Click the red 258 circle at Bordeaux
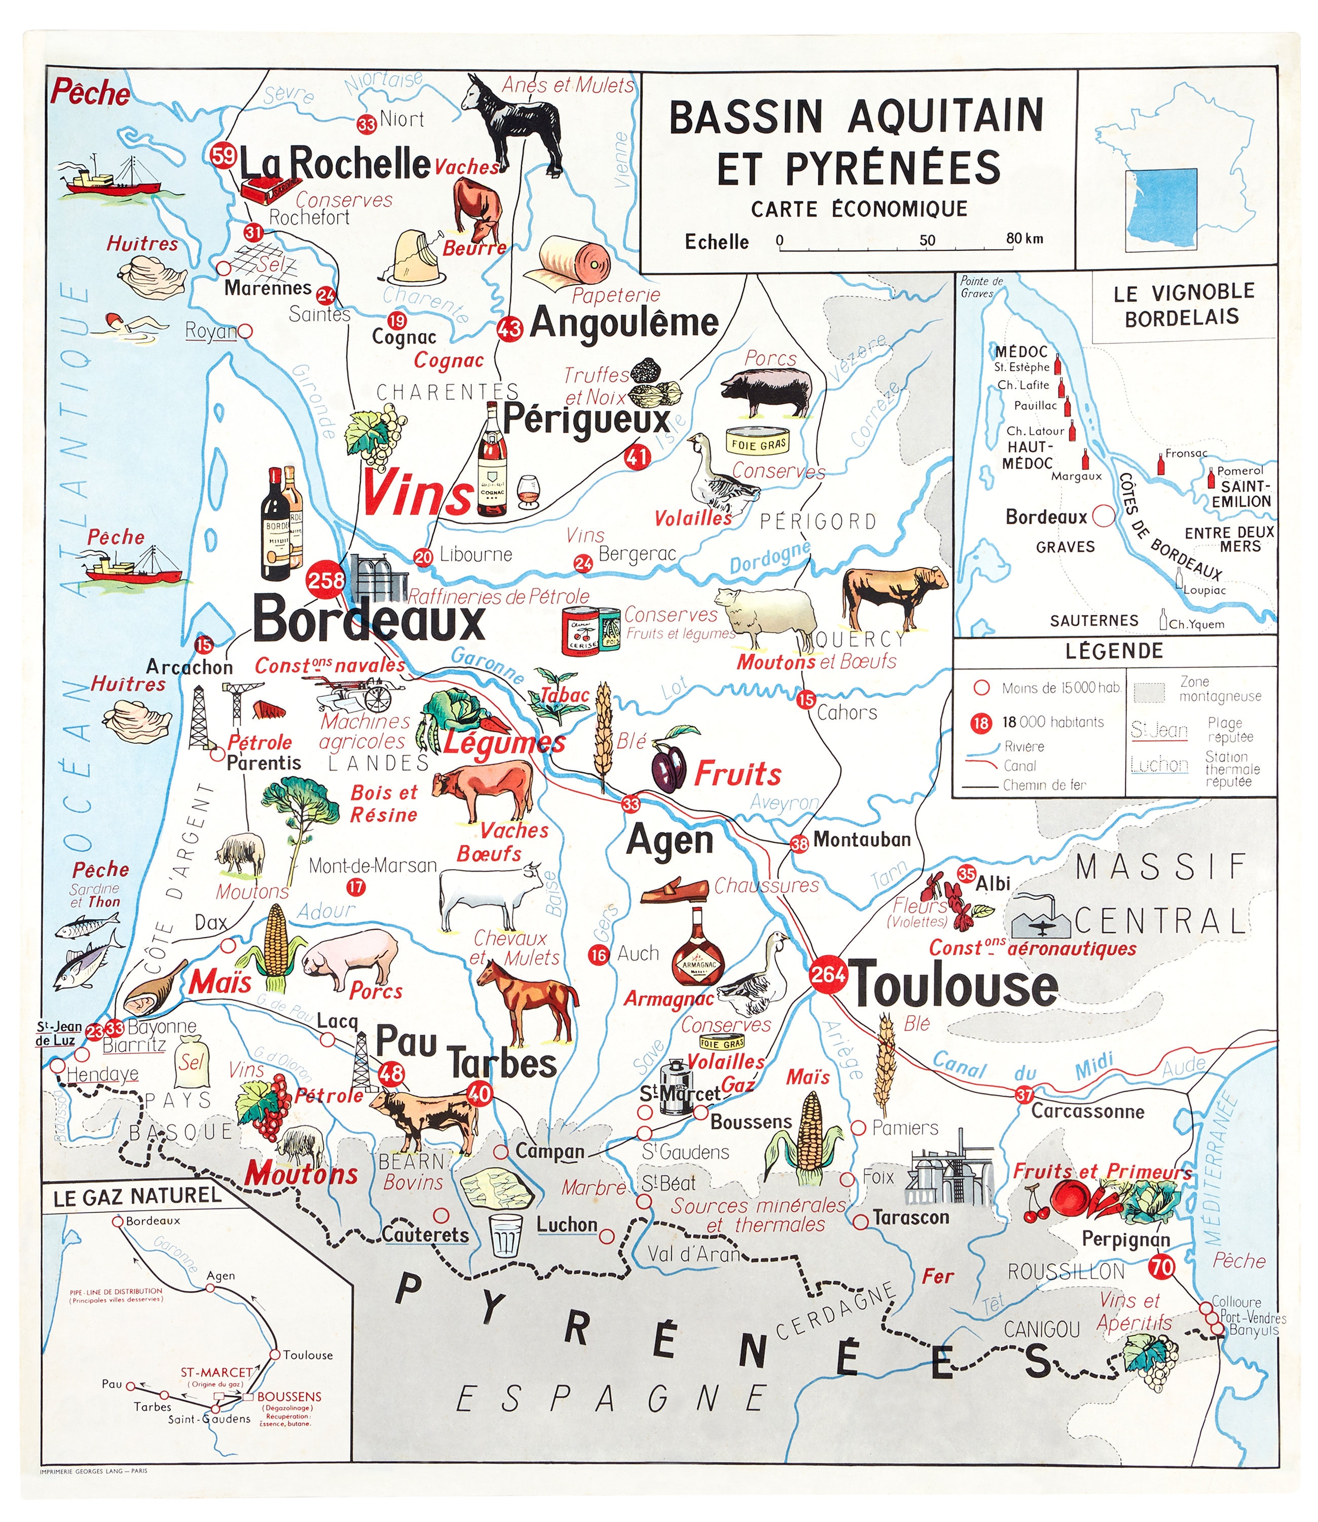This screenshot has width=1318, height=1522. (325, 580)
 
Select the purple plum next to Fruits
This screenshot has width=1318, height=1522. (669, 769)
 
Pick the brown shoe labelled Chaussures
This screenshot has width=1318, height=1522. (674, 891)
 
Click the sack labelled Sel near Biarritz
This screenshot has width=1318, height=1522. (192, 1061)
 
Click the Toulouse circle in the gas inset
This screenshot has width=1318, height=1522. (274, 1354)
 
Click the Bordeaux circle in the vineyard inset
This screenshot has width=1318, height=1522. (1103, 516)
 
